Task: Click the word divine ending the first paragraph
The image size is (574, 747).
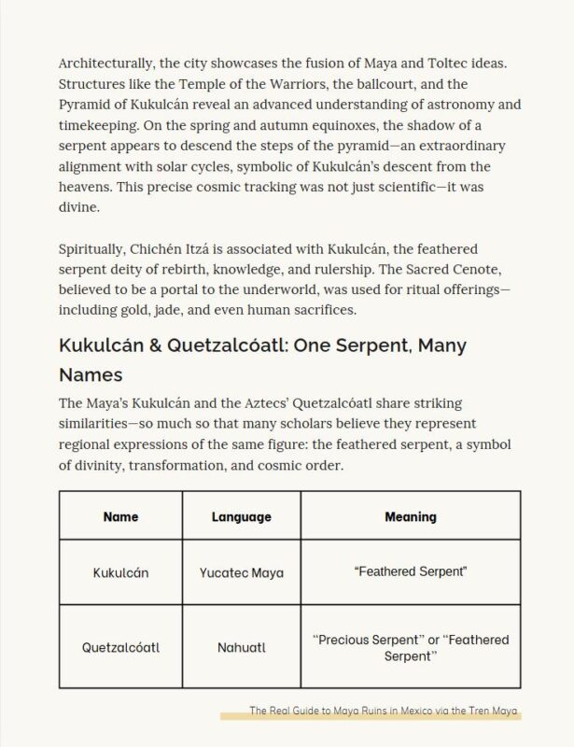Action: [x=79, y=208]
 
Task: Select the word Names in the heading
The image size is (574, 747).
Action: [x=90, y=375]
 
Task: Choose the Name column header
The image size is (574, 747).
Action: [x=120, y=516]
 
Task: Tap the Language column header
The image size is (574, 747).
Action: [x=241, y=516]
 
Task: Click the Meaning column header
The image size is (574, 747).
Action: [x=410, y=516]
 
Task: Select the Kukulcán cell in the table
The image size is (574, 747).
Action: [x=120, y=571]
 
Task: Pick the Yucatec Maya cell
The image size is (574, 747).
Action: [x=241, y=571]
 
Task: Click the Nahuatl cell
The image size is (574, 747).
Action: [x=241, y=646]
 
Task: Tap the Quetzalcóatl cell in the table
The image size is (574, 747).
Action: [x=120, y=646]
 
